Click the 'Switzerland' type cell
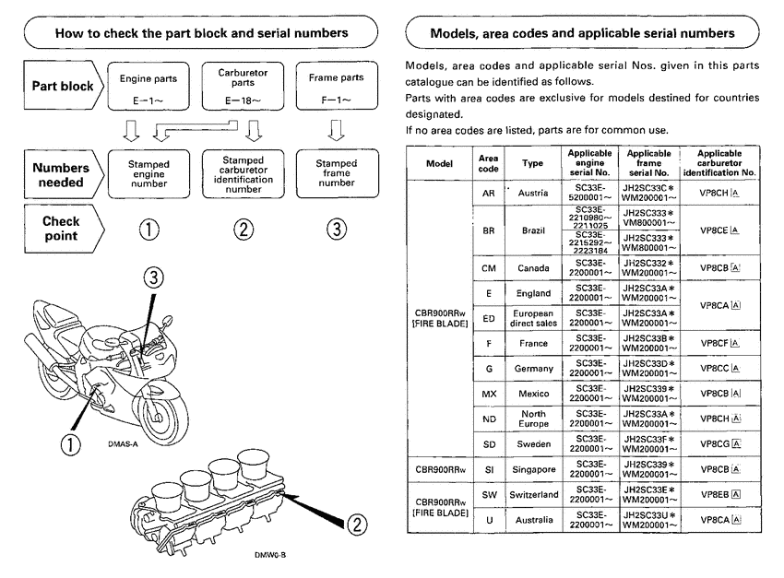532,494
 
